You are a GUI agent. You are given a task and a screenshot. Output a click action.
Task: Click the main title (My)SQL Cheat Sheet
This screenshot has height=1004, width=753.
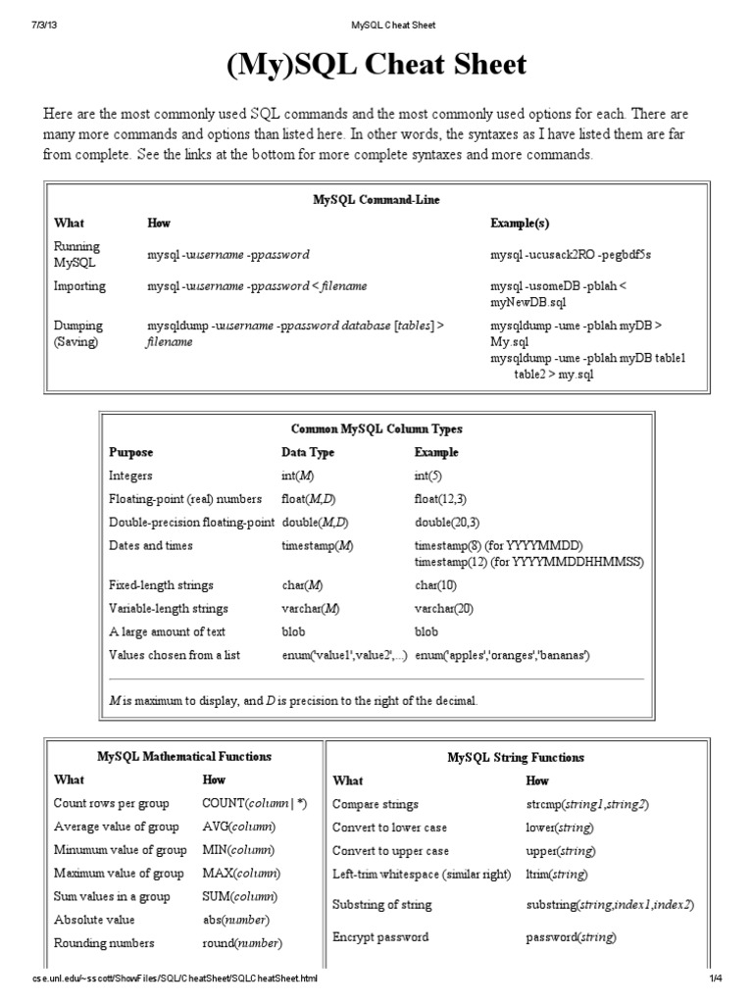click(376, 66)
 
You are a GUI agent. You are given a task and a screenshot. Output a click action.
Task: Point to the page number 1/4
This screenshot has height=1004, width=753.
click(716, 979)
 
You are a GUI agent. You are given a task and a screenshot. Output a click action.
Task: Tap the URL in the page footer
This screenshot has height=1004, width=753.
click(175, 979)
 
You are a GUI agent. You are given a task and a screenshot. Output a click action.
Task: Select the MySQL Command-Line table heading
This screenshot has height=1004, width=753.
click(376, 200)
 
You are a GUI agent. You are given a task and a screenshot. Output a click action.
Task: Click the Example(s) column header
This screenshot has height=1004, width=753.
click(520, 224)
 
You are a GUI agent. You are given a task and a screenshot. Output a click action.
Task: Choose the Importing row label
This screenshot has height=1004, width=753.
click(80, 286)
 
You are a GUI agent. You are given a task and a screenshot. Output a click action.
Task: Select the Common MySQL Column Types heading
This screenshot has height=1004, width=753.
click(376, 429)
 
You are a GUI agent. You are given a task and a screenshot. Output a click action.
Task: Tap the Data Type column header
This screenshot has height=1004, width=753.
click(308, 453)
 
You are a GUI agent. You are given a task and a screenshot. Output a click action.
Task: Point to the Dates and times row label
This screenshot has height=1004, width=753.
click(151, 545)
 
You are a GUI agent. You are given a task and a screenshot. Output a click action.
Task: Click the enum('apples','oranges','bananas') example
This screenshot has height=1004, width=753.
click(503, 655)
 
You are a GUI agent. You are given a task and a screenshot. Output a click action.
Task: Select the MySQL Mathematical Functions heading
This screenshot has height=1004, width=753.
click(184, 757)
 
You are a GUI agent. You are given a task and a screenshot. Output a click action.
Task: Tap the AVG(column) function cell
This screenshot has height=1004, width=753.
click(239, 827)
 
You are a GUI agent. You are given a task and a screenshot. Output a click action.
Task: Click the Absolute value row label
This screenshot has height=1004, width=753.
click(94, 920)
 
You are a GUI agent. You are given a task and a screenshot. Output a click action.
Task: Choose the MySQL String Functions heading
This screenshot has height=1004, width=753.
click(515, 758)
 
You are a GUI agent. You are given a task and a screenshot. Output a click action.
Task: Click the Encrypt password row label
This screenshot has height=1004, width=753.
click(380, 937)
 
